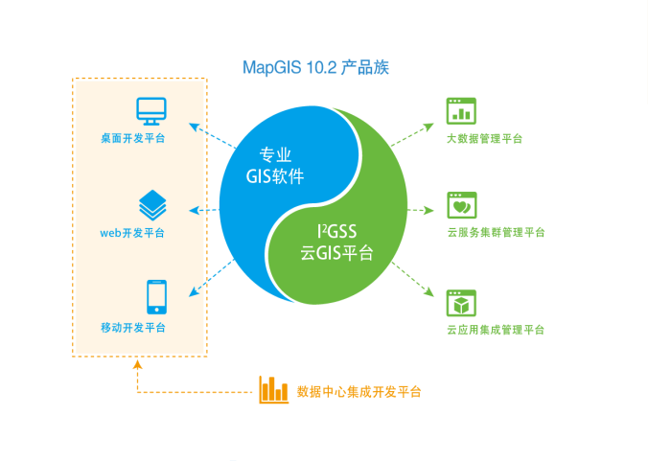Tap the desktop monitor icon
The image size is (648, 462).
coord(150,111)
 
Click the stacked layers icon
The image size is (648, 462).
coord(151,203)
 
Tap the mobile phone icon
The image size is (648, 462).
coord(155,297)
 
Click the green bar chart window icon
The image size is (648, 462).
coord(461,111)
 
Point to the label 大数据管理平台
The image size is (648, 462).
coord(484,139)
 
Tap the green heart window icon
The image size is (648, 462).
coord(461,205)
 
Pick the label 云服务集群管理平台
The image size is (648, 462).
coord(496,232)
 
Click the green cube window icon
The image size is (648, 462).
coord(461,303)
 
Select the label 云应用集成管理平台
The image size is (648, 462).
coord(496,330)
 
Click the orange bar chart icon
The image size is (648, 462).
coord(273,388)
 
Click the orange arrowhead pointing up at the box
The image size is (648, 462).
coord(137,364)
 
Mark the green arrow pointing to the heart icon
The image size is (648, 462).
coord(422,209)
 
